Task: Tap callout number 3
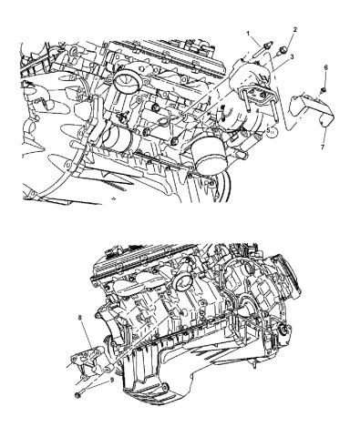point(292,56)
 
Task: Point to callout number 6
point(325,69)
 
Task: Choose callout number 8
point(81,317)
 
